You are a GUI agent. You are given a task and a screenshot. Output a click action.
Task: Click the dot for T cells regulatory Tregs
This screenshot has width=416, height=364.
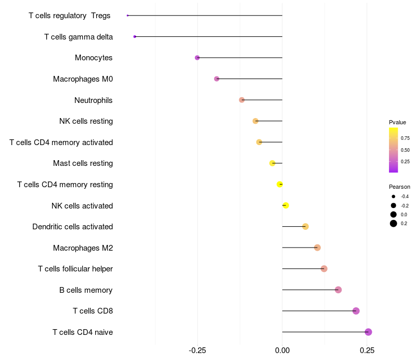point(127,16)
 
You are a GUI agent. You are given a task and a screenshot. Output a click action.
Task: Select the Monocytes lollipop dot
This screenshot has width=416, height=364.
point(197,58)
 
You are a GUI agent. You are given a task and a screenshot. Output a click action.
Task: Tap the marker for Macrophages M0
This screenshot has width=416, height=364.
point(217,79)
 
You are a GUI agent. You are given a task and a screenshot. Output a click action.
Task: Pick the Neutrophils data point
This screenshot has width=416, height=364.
point(242,100)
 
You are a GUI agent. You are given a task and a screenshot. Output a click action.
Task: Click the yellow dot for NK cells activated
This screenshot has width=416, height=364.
point(285,205)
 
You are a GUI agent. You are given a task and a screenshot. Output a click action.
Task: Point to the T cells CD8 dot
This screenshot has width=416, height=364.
point(356,311)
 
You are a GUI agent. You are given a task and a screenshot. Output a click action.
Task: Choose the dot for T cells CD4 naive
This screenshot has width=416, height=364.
point(368,332)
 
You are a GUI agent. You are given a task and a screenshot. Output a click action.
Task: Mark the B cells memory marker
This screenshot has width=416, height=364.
point(338,290)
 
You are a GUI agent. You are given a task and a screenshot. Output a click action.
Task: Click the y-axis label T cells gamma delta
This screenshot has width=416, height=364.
point(79,37)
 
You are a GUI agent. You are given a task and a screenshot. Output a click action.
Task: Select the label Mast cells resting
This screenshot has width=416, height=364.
point(83,163)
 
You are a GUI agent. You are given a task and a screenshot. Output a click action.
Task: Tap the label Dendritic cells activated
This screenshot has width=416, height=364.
point(72,227)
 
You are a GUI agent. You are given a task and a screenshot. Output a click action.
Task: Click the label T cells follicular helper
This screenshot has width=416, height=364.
point(75,269)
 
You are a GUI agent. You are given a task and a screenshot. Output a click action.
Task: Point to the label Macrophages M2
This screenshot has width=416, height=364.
point(83,248)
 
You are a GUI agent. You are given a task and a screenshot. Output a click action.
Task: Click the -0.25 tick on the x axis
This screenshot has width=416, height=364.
point(197,351)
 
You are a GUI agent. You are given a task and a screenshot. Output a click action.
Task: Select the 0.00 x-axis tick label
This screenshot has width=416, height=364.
point(282,351)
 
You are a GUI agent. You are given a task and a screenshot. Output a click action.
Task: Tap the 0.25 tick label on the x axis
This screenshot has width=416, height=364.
point(367,351)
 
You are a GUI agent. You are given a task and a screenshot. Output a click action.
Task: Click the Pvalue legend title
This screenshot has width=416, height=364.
point(397,122)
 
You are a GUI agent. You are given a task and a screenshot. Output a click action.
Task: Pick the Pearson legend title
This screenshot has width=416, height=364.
point(399,187)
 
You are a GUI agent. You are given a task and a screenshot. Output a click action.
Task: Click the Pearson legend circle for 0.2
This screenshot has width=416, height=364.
point(394,224)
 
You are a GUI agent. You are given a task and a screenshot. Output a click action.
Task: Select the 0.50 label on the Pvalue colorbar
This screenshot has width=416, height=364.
point(405,150)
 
